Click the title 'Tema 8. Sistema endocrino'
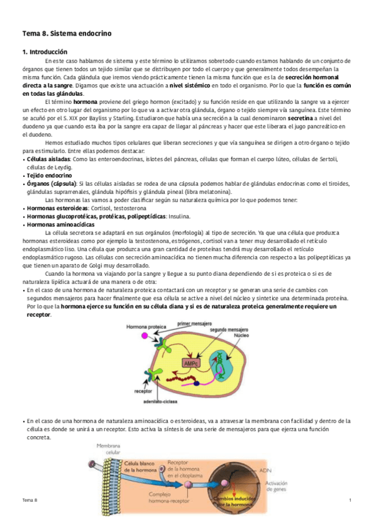click(67, 32)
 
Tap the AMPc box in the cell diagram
click(191, 363)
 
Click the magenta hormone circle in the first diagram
click(145, 336)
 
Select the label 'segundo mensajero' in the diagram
click(227, 329)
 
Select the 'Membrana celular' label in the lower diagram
click(108, 449)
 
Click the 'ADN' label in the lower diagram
click(265, 472)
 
